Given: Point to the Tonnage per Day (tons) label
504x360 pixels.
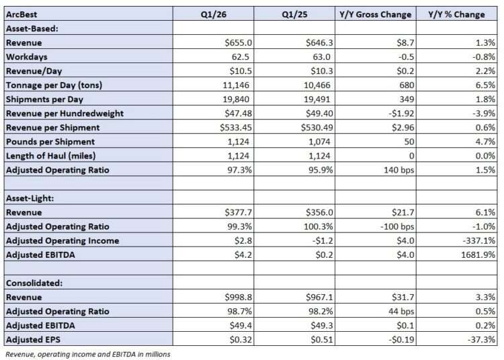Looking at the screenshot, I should pyautogui.click(x=54, y=85).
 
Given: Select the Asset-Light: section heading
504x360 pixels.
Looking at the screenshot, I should pyautogui.click(x=31, y=198).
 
